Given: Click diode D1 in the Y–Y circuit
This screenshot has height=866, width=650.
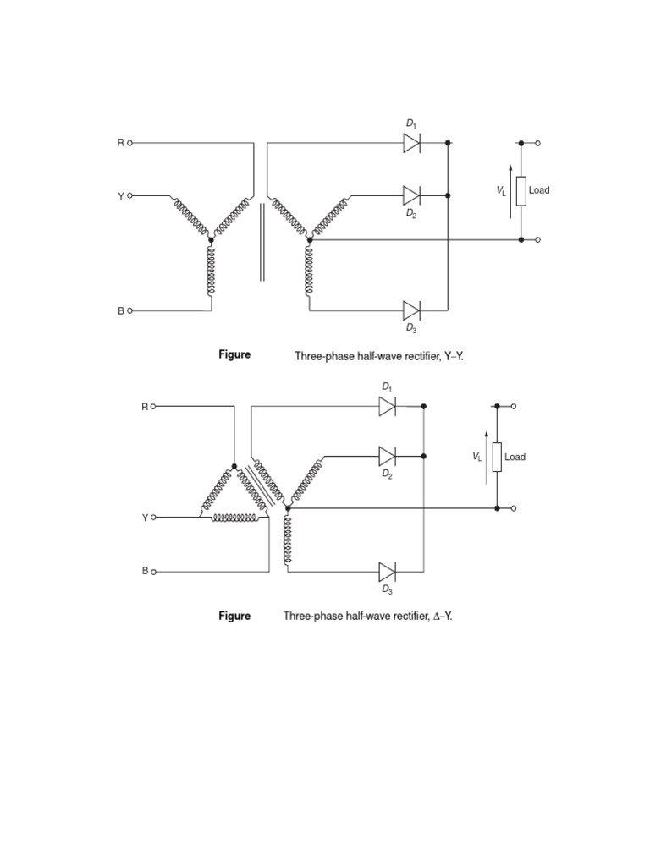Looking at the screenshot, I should click(x=412, y=144).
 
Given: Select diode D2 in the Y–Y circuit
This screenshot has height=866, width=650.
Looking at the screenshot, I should click(x=412, y=195).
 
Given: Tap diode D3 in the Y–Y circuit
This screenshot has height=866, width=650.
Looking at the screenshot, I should click(x=412, y=310).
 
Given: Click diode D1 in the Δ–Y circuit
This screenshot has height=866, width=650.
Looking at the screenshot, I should click(x=388, y=407).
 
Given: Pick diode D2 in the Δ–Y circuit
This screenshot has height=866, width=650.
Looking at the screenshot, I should click(x=388, y=456).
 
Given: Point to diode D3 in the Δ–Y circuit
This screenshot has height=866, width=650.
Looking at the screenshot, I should click(x=388, y=571).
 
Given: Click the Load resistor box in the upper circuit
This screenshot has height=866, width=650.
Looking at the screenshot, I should click(x=521, y=191).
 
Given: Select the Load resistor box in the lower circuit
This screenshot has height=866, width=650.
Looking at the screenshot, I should click(x=497, y=458).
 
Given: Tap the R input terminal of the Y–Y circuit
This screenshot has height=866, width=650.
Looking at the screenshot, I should click(x=129, y=144).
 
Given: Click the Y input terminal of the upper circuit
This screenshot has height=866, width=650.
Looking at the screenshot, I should click(x=129, y=195).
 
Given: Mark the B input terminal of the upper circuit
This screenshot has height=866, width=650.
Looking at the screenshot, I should click(x=129, y=310).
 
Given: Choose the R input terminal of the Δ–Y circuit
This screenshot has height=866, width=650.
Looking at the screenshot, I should click(x=153, y=407).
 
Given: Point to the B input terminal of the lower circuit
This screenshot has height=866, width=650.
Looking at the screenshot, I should click(x=153, y=571).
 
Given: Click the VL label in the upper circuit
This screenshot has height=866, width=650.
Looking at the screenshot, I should click(x=501, y=193).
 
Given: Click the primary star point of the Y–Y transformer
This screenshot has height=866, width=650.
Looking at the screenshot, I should click(x=211, y=240).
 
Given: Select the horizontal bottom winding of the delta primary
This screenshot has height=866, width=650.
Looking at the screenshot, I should click(x=234, y=517).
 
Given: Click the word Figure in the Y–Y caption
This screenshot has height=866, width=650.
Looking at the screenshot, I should click(x=234, y=354).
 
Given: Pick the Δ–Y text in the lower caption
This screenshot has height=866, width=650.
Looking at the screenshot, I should click(x=443, y=616).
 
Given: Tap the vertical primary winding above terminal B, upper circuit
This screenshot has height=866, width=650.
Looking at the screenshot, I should click(x=211, y=271).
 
